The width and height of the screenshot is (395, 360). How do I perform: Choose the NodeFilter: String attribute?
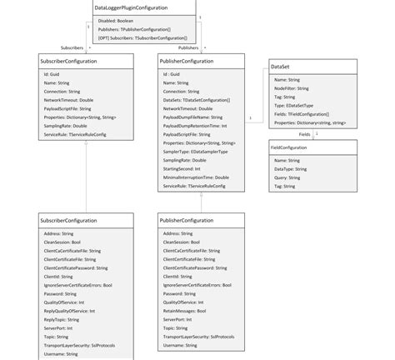pyautogui.click(x=292, y=87)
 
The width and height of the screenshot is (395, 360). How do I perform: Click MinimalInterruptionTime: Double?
pyautogui.click(x=197, y=177)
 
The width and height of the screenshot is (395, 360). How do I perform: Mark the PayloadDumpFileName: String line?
pyautogui.click(x=192, y=117)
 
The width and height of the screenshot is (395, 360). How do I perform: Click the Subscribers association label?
pyautogui.click(x=72, y=47)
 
